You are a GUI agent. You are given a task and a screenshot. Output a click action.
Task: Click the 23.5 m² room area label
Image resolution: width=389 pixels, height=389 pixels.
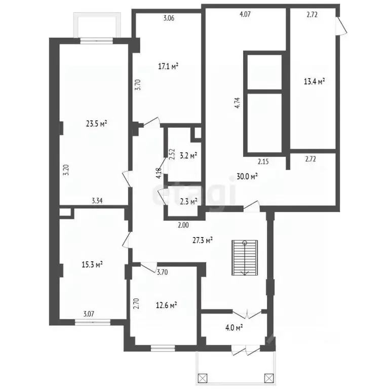[97, 124]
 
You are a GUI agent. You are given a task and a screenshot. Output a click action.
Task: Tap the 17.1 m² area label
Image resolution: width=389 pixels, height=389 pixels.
[169, 66]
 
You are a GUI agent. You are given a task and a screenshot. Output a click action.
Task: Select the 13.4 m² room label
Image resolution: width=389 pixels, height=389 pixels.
[315, 81]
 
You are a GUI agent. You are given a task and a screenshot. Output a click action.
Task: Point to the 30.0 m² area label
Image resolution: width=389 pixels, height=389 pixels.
[247, 176]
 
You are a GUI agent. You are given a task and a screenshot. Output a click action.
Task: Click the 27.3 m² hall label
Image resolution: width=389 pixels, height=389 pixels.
[203, 240]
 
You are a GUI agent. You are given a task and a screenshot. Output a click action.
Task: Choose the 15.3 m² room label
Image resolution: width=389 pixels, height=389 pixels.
[92, 265]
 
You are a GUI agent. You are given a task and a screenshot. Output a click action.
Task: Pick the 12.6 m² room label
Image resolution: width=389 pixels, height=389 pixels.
[166, 305]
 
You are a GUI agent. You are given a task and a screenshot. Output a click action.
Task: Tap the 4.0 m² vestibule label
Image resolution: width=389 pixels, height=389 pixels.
[234, 328]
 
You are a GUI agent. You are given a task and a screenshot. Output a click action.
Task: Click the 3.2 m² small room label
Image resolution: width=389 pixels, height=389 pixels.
[188, 156]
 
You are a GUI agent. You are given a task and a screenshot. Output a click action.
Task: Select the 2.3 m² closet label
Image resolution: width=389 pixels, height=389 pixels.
[189, 202]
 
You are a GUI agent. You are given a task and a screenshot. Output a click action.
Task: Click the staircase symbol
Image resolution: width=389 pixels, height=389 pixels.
[245, 258]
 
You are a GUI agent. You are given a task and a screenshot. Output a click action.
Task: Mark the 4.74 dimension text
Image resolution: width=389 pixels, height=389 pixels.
[238, 102]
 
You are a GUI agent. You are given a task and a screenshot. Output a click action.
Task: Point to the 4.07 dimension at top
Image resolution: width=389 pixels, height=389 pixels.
[245, 14]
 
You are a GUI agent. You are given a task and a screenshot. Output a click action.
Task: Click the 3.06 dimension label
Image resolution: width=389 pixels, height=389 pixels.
[169, 18]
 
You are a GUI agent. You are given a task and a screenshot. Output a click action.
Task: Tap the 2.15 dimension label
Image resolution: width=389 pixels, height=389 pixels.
[263, 162]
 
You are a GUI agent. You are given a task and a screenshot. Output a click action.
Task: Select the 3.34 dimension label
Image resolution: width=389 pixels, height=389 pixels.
[97, 201]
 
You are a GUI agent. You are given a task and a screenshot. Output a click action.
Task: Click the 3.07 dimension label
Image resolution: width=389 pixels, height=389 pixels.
[89, 314]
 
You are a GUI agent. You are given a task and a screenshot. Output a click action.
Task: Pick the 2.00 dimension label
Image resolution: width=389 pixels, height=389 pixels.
[183, 225]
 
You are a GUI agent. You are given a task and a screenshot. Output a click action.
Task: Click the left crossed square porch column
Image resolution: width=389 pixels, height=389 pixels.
[203, 378]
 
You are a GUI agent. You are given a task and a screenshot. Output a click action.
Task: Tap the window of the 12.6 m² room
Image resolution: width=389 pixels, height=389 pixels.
[163, 348]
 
